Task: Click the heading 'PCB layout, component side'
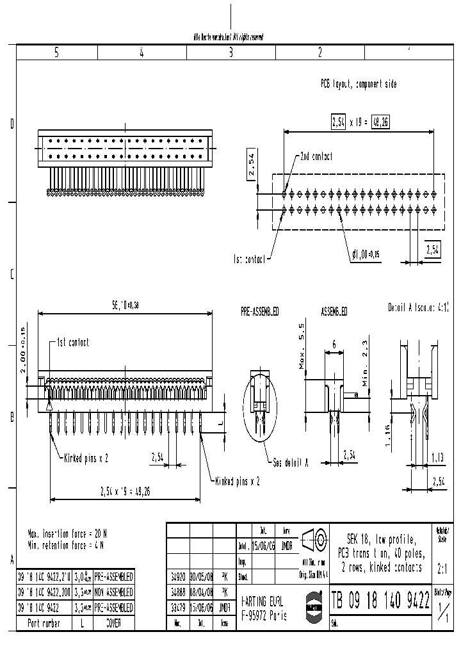pos(359,84)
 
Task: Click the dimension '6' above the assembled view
pos(334,344)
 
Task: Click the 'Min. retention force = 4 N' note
pos(65,545)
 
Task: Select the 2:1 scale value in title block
pos(441,567)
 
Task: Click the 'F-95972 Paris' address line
pos(264,616)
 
